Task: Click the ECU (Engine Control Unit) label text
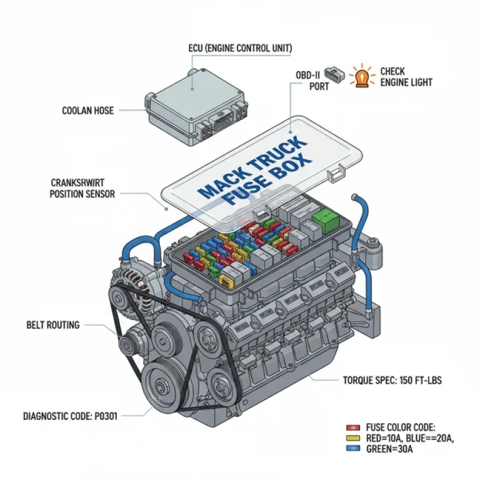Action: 240,48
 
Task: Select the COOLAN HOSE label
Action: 88,111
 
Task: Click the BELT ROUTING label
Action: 53,325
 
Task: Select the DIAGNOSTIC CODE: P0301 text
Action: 79,416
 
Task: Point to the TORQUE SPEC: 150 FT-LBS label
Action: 392,379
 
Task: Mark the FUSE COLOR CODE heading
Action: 399,426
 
